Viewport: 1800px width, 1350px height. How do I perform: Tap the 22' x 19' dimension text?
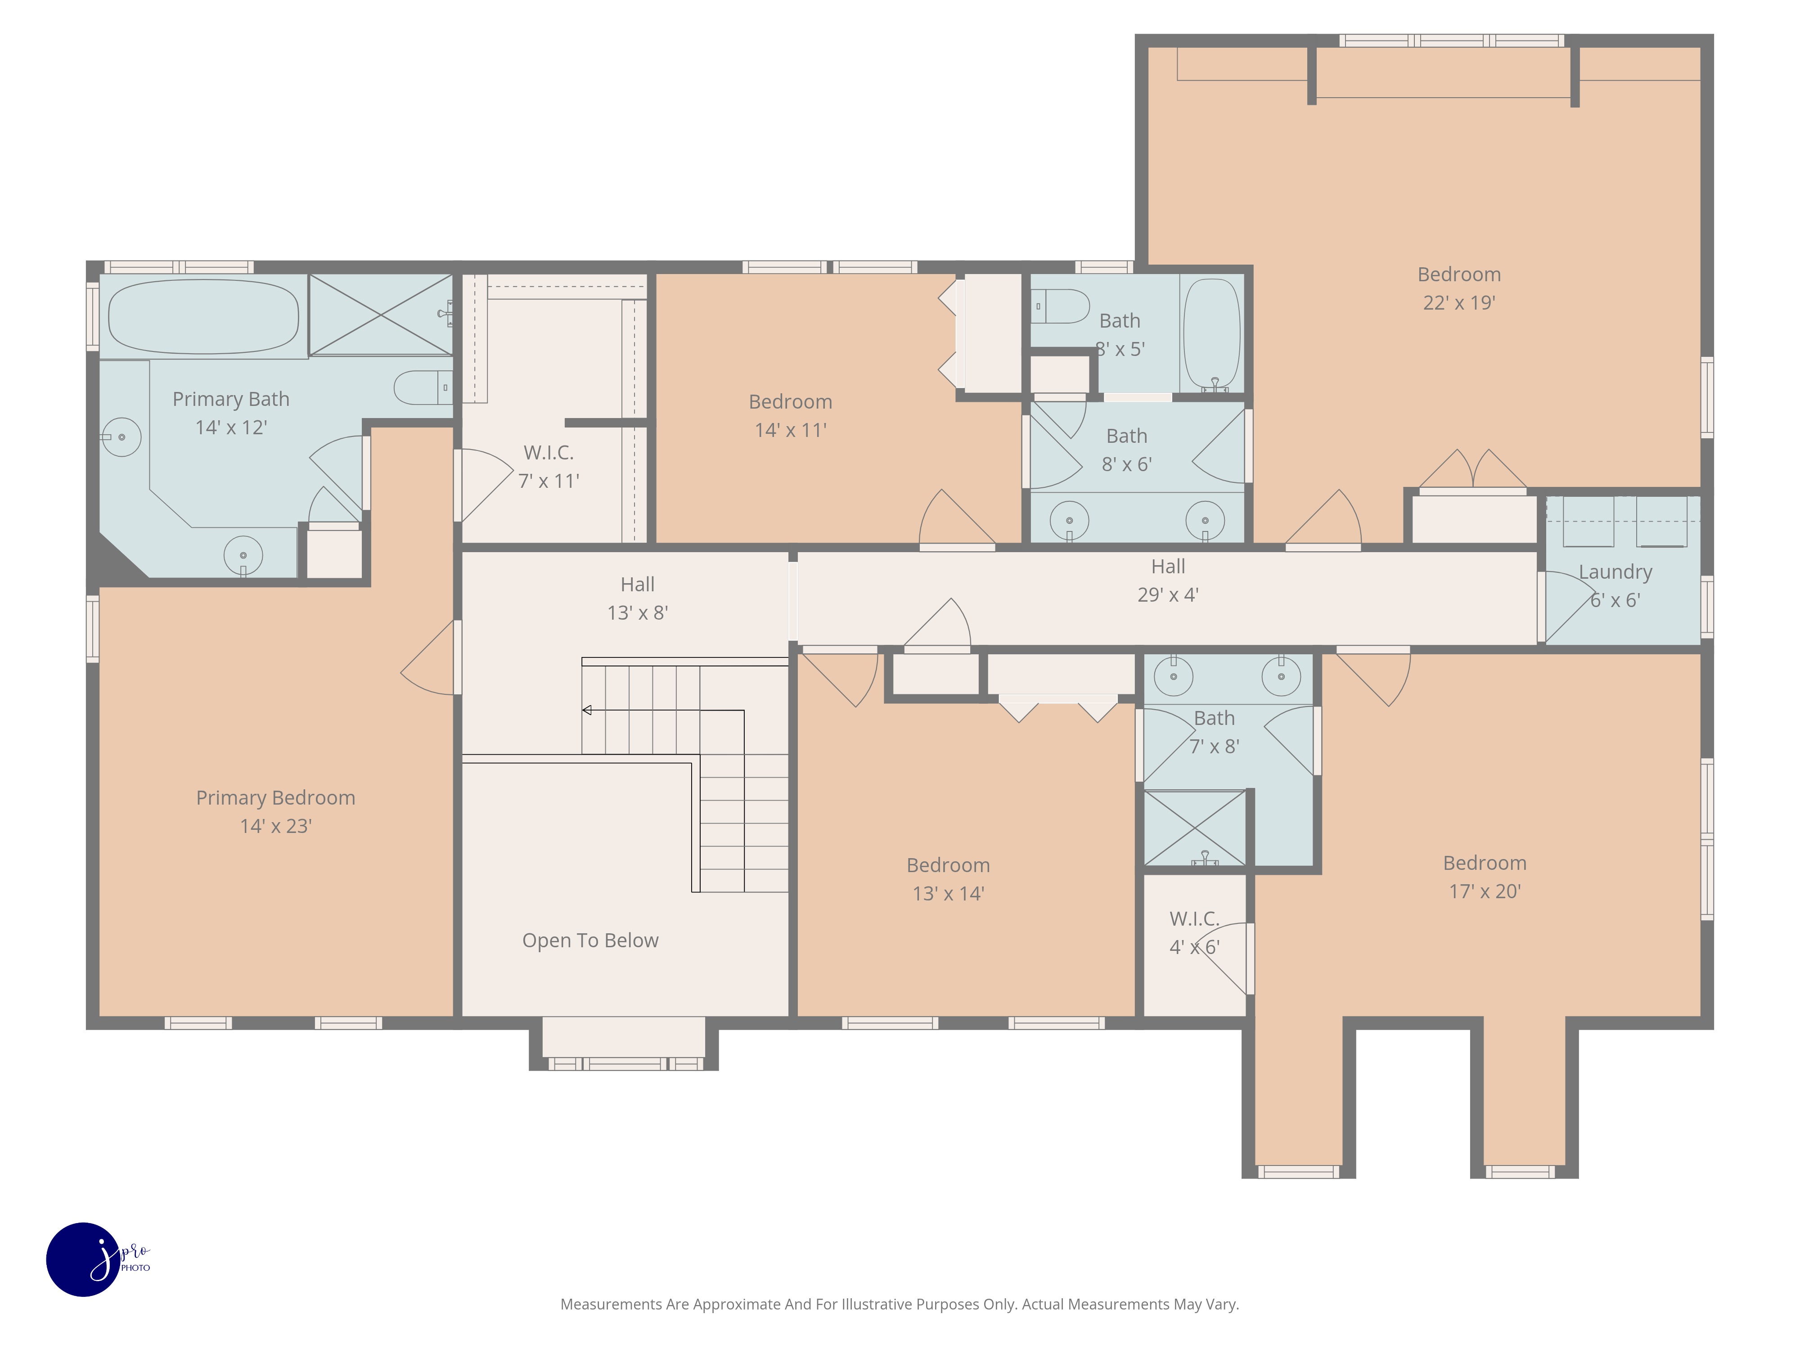coord(1458,303)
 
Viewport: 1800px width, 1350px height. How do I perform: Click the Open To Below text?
coord(590,940)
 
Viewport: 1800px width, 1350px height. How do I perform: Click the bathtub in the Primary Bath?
coord(203,316)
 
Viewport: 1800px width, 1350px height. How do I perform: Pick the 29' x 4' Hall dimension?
coord(1168,595)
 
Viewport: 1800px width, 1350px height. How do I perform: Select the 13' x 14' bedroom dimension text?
coord(948,894)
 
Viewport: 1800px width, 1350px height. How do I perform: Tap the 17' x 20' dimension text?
coord(1484,891)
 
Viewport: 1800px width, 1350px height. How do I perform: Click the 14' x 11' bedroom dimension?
coord(790,431)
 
